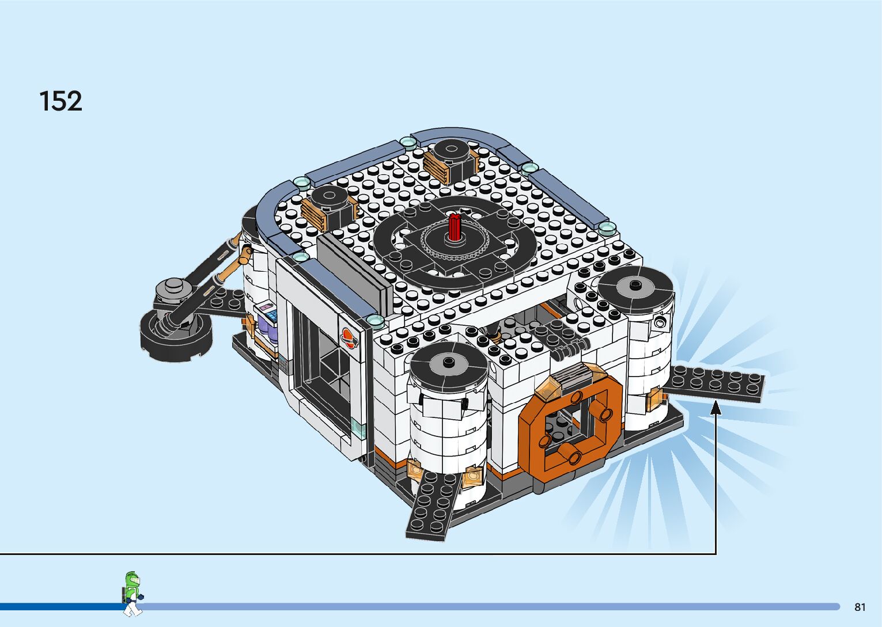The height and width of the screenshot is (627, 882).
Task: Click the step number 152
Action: coord(61,101)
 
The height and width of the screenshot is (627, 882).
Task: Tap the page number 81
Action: coord(860,607)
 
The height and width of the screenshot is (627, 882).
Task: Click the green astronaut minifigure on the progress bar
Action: coord(133,594)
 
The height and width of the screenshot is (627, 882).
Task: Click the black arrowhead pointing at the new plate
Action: coord(716,408)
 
